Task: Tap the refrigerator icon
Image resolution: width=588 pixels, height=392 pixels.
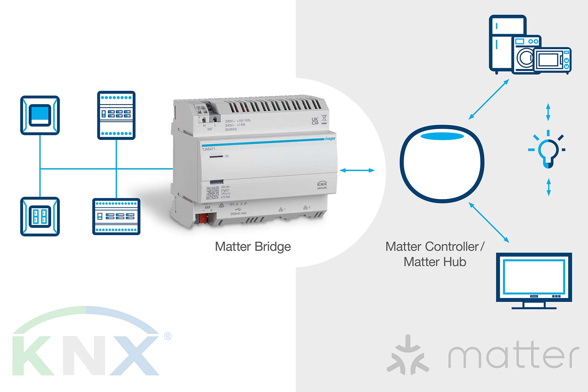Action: click(x=502, y=43)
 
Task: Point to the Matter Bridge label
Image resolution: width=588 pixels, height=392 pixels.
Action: click(x=253, y=247)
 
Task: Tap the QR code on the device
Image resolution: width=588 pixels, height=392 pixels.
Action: click(x=212, y=193)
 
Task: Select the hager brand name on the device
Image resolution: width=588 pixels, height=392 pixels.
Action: click(x=330, y=139)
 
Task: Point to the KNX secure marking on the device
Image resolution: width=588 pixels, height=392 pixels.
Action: click(x=322, y=185)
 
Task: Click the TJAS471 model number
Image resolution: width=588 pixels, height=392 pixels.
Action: click(x=208, y=149)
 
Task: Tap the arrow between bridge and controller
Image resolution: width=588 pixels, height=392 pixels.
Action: click(x=357, y=170)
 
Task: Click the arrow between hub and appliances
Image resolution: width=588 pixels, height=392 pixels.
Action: click(x=489, y=99)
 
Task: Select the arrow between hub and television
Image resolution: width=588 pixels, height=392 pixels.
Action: click(x=489, y=222)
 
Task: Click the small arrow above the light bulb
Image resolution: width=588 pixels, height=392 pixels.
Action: click(x=548, y=112)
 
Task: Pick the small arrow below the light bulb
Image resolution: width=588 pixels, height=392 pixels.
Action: click(x=548, y=187)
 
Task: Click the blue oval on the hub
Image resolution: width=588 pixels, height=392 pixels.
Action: click(x=442, y=136)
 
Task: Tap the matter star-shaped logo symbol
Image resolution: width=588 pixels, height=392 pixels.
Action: click(x=407, y=355)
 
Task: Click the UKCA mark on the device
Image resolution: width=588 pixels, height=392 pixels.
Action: click(x=315, y=121)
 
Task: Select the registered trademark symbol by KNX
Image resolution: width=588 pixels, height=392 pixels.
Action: click(x=168, y=336)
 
